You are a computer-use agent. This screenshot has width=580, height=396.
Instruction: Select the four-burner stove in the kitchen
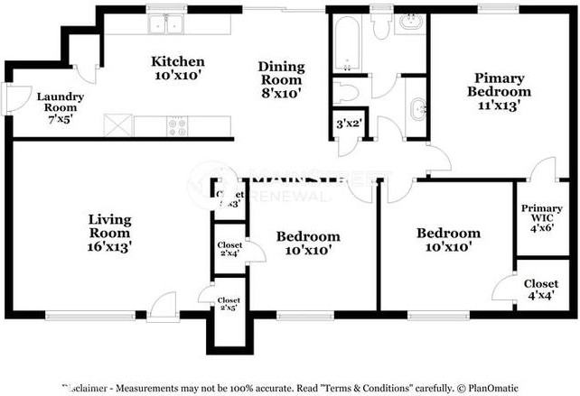click(x=177, y=128)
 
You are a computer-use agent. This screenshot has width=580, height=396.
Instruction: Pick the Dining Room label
click(x=281, y=79)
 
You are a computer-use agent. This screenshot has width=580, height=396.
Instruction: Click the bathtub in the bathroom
click(x=346, y=43)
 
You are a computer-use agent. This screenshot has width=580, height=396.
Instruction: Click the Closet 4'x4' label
click(x=540, y=290)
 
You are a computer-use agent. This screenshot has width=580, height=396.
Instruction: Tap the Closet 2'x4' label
click(x=228, y=248)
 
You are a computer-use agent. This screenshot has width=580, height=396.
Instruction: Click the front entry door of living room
click(x=164, y=309)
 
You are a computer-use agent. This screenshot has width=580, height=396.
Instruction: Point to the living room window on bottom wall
click(x=73, y=315)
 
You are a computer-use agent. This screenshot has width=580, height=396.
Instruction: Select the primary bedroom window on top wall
click(x=498, y=10)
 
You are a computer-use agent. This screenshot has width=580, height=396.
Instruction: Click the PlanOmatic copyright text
click(x=487, y=388)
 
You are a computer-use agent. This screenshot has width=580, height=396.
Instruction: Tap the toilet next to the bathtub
click(x=380, y=23)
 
